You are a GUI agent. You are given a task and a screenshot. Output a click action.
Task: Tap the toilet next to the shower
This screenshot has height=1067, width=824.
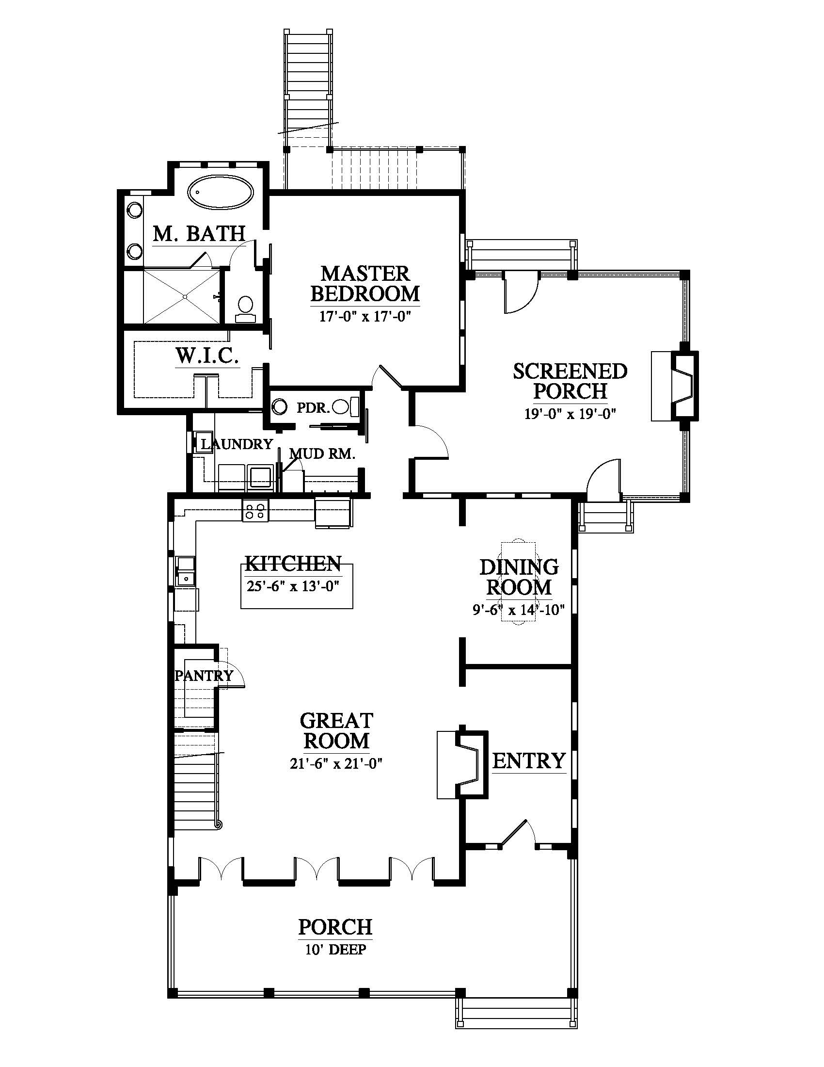pos(245,309)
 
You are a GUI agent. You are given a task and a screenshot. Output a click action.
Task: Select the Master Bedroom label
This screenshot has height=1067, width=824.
pos(365,283)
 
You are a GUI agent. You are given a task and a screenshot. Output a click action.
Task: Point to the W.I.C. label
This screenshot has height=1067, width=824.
pos(207,356)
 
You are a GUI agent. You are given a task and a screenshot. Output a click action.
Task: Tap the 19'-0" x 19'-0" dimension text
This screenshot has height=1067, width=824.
pos(570,414)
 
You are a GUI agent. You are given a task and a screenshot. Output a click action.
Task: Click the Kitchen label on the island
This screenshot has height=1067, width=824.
pos(293,563)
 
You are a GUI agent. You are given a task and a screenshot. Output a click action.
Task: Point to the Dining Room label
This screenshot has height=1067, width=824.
pos(519,577)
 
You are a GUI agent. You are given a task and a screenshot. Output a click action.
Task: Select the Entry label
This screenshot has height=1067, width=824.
pos(529,760)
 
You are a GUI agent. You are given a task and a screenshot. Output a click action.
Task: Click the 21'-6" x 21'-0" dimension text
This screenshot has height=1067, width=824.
pos(336,763)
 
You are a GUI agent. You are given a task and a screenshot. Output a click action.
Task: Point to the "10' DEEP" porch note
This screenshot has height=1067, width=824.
pos(335,949)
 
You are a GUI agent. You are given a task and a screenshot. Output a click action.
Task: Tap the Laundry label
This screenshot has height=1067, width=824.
pos(237,444)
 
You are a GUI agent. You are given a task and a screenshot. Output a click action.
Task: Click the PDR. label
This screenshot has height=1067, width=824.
pos(314,407)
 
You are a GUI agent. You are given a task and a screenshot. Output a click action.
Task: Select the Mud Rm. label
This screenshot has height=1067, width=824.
pos(322,454)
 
